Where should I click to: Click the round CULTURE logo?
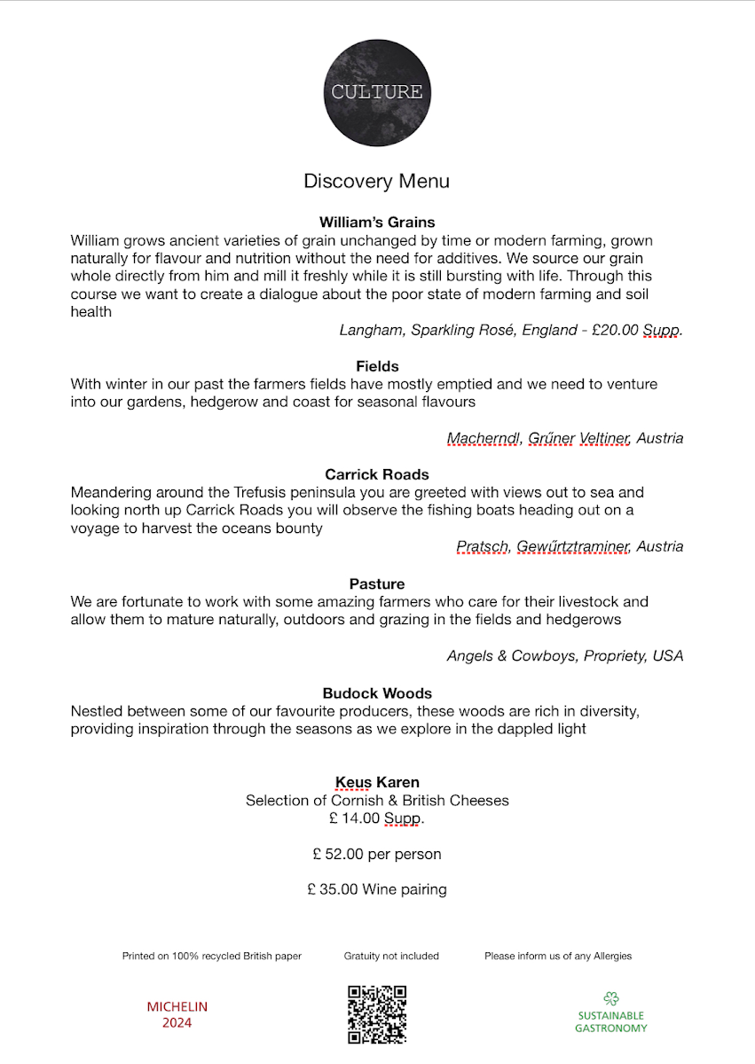click(377, 91)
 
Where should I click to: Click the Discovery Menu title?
click(376, 181)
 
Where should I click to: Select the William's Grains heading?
click(377, 222)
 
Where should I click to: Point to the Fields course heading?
click(377, 366)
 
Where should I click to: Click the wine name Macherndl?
click(484, 438)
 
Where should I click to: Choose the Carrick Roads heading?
click(377, 474)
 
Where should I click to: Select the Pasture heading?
click(377, 583)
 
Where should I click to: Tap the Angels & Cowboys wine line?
click(565, 656)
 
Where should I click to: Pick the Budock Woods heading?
click(377, 693)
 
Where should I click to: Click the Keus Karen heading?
click(377, 782)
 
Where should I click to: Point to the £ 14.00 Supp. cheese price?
click(377, 818)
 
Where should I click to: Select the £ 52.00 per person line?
click(377, 854)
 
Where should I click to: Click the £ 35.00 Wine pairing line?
click(377, 888)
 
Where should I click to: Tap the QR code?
click(377, 1013)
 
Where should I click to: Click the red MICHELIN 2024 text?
click(177, 1014)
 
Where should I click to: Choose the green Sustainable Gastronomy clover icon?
click(610, 998)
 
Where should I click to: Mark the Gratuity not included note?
click(391, 956)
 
